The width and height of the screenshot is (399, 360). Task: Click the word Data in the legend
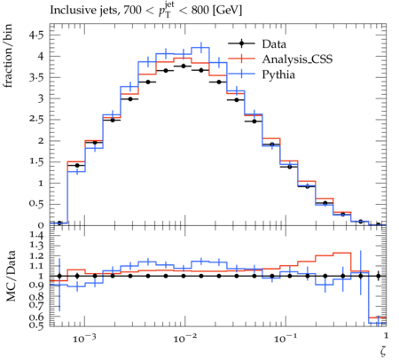[274, 44]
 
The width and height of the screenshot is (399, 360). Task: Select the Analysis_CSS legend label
[297, 59]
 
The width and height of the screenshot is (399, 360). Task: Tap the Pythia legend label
[278, 74]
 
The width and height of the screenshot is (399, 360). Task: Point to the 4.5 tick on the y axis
[36, 35]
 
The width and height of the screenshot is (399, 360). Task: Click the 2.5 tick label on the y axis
[36, 120]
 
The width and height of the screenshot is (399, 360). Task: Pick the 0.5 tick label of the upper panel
[36, 204]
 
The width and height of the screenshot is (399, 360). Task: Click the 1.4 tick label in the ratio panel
[36, 235]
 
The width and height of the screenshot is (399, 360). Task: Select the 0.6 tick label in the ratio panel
[36, 317]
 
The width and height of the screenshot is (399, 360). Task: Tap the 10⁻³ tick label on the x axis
[84, 338]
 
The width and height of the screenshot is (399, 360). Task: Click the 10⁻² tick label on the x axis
[184, 338]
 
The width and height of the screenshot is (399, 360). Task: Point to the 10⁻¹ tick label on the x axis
[285, 338]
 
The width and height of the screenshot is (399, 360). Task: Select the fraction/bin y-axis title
[8, 56]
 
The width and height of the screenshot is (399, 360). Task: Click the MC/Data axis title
[11, 276]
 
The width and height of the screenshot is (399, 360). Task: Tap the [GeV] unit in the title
[227, 11]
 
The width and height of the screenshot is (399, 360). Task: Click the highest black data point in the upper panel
[184, 67]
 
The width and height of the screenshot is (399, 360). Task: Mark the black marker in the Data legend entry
[241, 43]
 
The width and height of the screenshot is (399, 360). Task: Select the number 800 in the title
[199, 11]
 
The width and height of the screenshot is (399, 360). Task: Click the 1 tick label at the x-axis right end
[386, 335]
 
